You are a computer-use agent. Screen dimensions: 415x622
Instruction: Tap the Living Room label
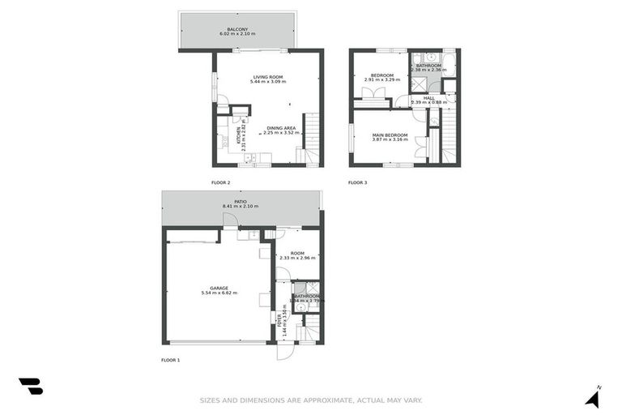[x=268, y=77]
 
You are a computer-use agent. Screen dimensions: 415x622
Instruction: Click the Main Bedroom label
[x=389, y=135]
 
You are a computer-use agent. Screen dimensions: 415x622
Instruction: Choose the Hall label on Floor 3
[x=429, y=98]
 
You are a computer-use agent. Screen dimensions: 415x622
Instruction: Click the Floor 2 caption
[x=221, y=183]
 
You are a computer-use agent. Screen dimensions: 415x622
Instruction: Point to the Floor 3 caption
[x=357, y=183]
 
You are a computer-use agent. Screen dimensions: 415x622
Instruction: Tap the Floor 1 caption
[x=170, y=359]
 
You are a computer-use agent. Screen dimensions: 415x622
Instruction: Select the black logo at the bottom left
[x=31, y=387]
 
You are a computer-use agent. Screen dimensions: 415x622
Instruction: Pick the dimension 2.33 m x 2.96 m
[x=297, y=258]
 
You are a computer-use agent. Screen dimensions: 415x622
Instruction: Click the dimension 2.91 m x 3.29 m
[x=382, y=79]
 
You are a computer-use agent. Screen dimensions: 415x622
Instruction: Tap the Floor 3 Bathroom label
[x=428, y=65]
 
